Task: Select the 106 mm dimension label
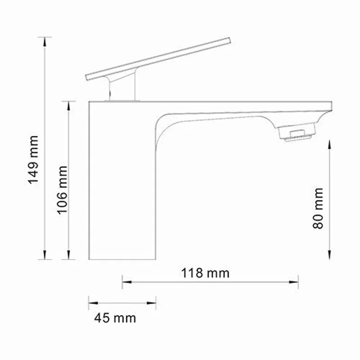pos(62,189)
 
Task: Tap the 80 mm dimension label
pos(319,208)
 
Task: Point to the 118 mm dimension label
pos(205,273)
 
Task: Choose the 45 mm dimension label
pos(115,318)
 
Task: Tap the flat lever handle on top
pos(157,58)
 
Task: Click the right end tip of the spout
pos(332,107)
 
